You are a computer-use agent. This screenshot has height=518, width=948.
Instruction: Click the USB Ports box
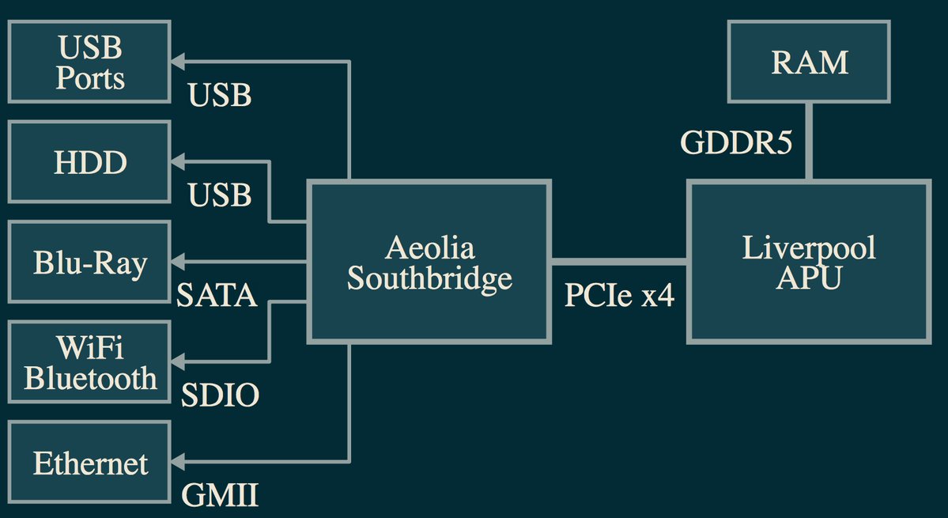(x=89, y=62)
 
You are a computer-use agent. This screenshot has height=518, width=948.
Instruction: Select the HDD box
(x=89, y=162)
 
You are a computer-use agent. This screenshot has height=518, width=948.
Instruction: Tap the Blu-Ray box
(x=89, y=262)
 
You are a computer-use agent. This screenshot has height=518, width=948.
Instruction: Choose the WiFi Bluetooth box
(x=89, y=362)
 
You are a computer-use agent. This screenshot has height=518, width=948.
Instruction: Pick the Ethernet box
(x=89, y=462)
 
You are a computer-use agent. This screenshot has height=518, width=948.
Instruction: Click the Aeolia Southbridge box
(x=429, y=262)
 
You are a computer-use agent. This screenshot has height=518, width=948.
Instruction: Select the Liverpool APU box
(x=809, y=262)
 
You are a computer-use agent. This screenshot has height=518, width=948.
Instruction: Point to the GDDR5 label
(x=737, y=142)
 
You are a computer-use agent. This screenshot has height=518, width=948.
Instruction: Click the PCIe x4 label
(x=619, y=296)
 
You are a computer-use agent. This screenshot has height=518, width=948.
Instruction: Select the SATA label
(x=217, y=296)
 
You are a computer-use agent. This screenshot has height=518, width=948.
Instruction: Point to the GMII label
(x=220, y=495)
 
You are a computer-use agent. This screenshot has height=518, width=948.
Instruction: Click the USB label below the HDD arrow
(x=220, y=195)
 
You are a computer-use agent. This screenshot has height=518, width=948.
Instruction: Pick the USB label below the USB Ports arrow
(x=220, y=95)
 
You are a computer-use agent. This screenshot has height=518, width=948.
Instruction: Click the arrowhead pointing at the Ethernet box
(x=178, y=460)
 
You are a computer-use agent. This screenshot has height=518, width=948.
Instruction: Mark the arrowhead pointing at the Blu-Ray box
(x=178, y=261)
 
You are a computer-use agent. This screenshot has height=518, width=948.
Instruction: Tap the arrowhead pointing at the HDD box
(x=178, y=162)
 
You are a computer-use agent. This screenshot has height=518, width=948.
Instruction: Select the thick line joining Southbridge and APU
(x=619, y=260)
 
